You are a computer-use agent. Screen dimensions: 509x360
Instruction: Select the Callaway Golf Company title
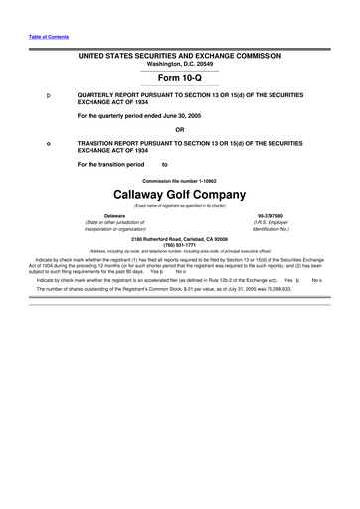pos(179,192)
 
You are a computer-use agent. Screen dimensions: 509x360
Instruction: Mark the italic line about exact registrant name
pos(179,204)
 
